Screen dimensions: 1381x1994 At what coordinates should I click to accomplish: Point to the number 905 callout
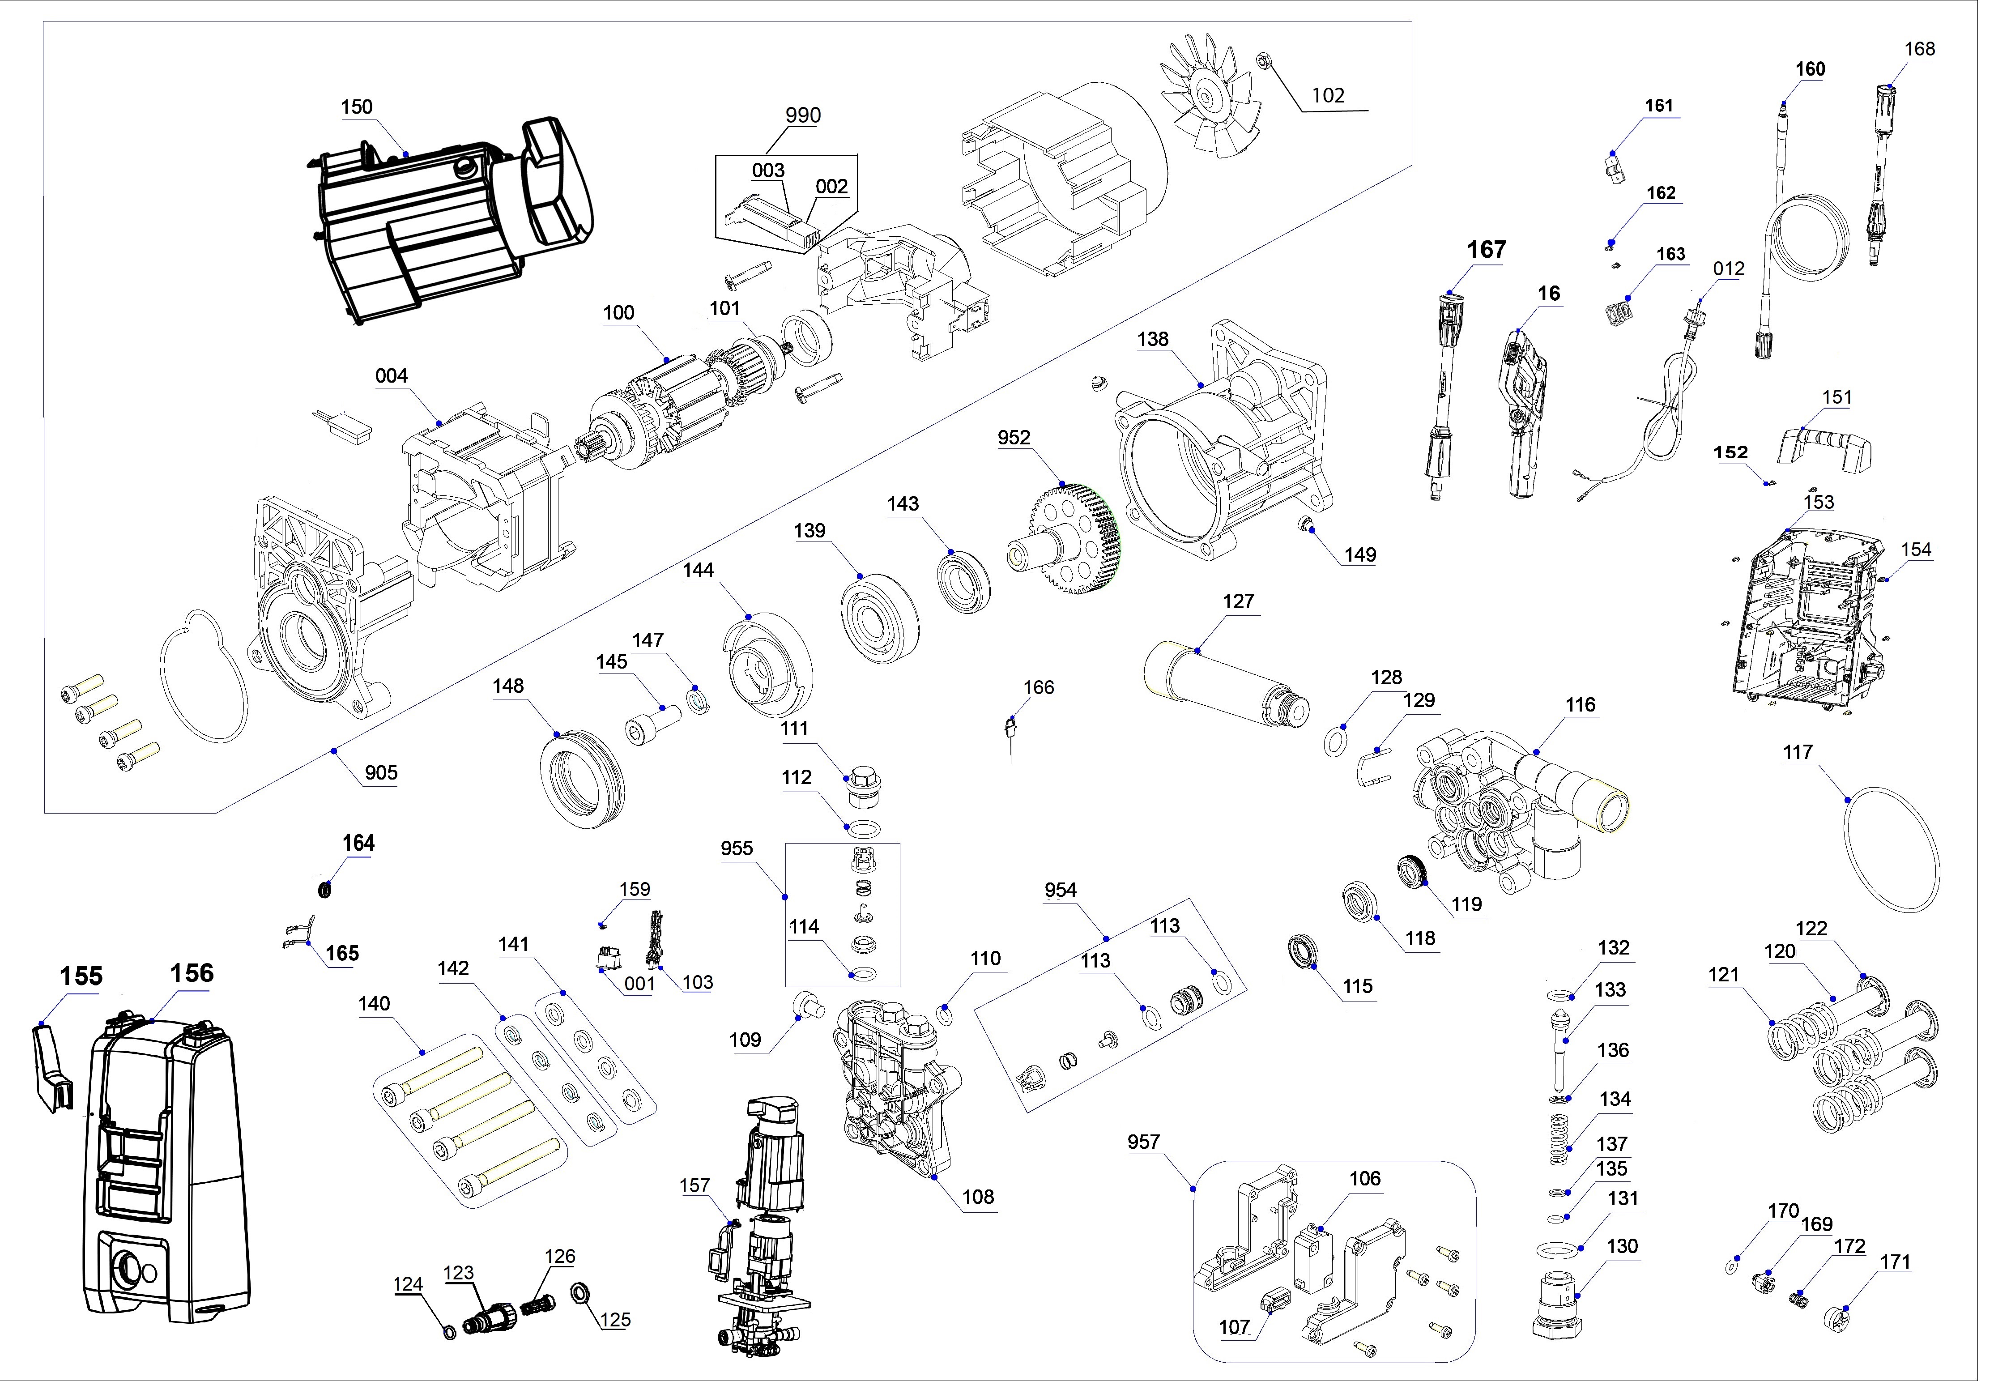[381, 773]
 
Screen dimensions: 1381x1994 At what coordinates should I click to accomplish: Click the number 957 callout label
[1143, 1142]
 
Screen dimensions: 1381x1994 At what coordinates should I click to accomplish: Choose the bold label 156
[191, 973]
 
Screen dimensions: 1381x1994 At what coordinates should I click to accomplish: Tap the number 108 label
[978, 1197]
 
